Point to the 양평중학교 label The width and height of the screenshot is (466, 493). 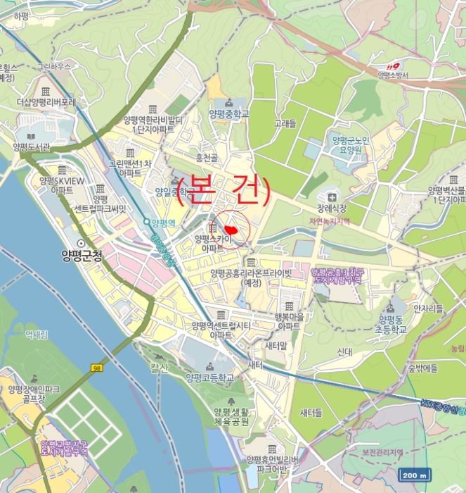click(229, 113)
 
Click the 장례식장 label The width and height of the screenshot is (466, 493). click(332, 207)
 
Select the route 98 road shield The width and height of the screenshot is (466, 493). click(96, 368)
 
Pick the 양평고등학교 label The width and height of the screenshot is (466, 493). click(209, 377)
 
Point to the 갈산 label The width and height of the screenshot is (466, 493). click(160, 367)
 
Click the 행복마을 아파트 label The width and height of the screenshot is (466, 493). click(278, 322)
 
